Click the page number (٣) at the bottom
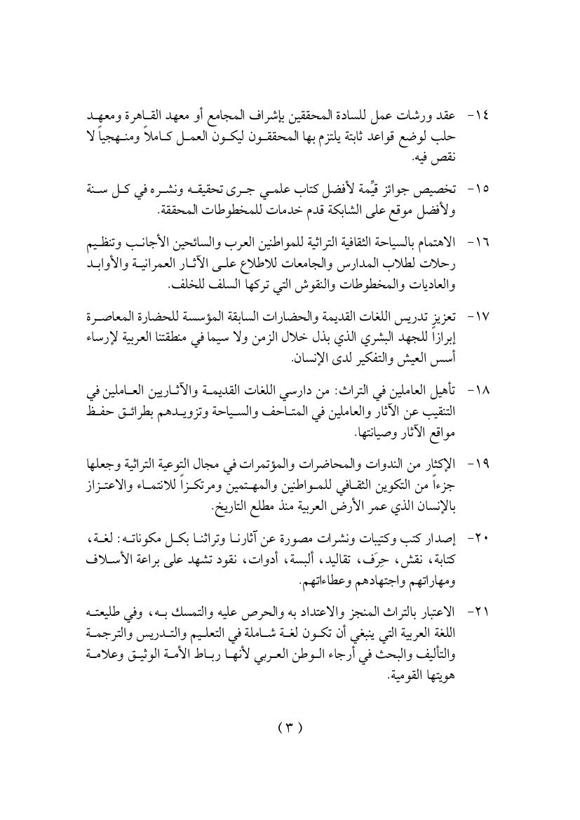pos(290,727)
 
